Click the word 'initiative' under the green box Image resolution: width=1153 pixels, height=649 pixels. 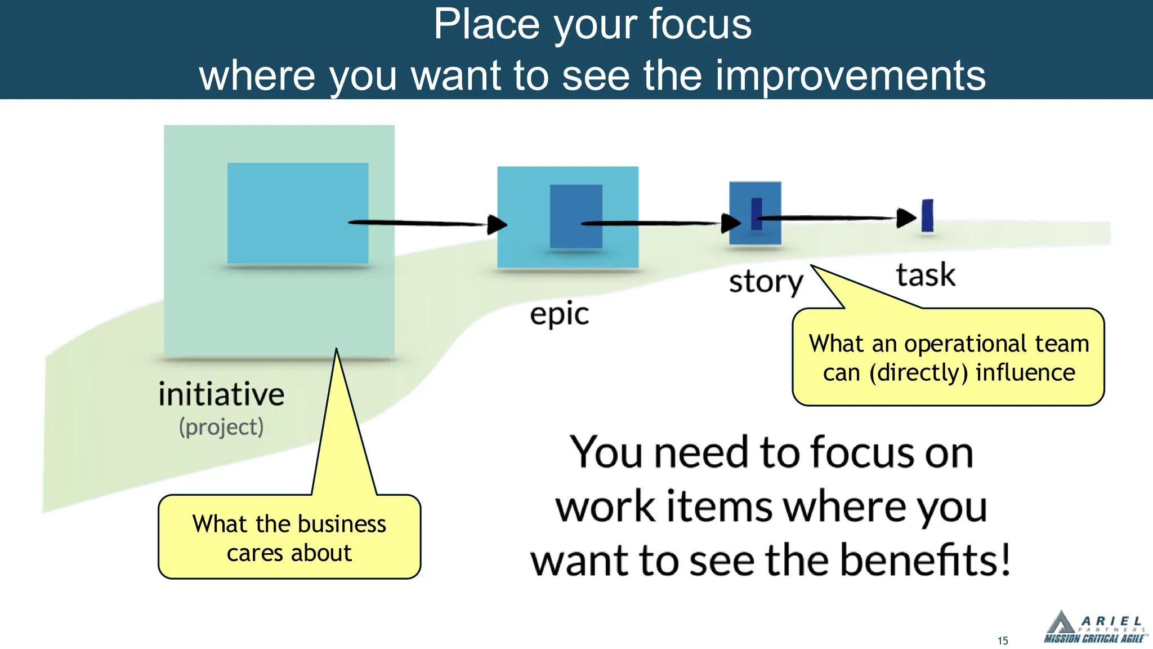pos(221,394)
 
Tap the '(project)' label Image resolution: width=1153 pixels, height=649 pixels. pos(221,427)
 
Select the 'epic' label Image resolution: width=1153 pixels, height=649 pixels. pos(559,314)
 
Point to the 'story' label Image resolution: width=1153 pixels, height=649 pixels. pos(766,282)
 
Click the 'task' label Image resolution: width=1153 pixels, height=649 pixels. pos(926,275)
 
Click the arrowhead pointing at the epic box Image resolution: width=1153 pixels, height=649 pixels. pos(497,224)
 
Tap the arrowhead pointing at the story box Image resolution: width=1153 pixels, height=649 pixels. pos(731,223)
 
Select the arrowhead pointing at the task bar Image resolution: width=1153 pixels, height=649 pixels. pos(906,217)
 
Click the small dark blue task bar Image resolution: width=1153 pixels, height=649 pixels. pos(927,215)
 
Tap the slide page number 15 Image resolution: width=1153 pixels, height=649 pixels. pos(1003,641)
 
